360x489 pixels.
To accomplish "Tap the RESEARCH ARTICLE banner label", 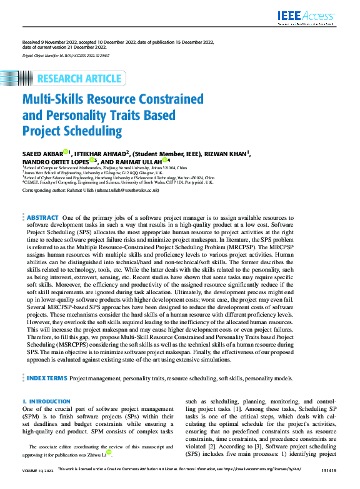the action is click(x=79, y=79).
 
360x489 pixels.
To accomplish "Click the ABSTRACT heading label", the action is click(x=42, y=217).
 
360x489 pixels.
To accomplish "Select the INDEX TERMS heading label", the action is click(x=46, y=378).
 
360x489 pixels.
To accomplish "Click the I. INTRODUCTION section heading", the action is click(x=46, y=401).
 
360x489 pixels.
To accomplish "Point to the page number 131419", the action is click(x=328, y=483).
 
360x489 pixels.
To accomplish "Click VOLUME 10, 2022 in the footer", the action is click(x=37, y=483).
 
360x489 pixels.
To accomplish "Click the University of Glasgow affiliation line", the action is click(x=94, y=172).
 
